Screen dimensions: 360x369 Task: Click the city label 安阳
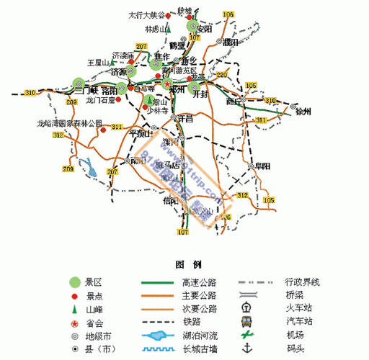coord(204,29)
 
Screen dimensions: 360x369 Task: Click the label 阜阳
coord(262,166)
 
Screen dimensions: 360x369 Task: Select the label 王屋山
coord(97,63)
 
